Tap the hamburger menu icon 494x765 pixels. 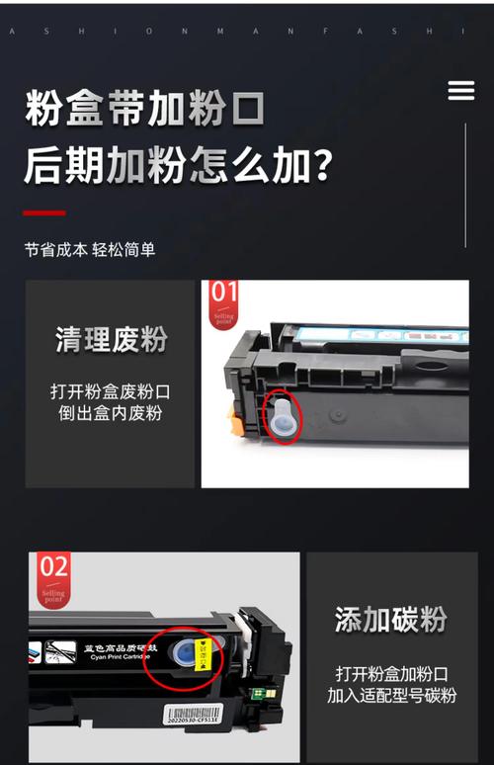[461, 91]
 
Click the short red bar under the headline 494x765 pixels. [44, 212]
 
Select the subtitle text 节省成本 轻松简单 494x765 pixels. [90, 250]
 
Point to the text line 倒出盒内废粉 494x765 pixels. [111, 413]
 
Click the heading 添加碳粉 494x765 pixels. [390, 620]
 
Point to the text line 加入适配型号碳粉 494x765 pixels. [390, 696]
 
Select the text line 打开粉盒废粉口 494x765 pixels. [111, 390]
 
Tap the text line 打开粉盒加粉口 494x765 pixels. [390, 673]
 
